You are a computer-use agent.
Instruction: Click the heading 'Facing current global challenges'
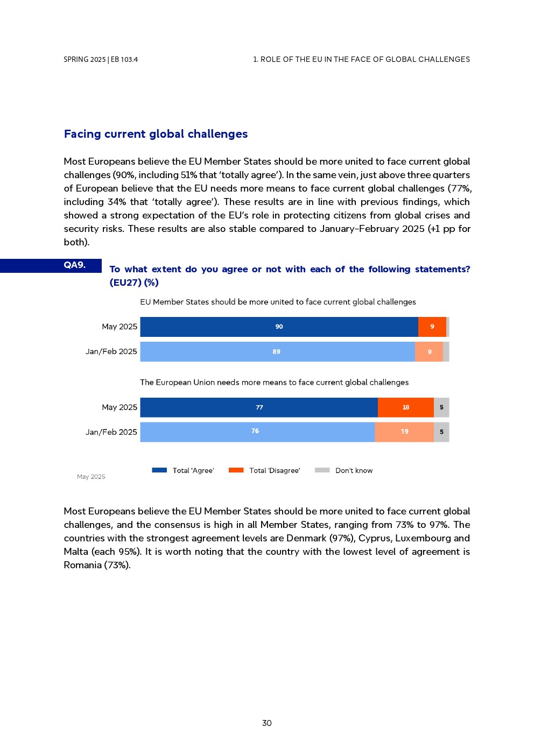pyautogui.click(x=156, y=134)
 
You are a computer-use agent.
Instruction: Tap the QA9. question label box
pyautogui.click(x=74, y=265)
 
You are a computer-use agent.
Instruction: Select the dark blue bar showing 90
pyautogui.click(x=279, y=327)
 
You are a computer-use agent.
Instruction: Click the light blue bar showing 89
pyautogui.click(x=277, y=351)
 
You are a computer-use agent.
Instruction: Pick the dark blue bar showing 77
pyautogui.click(x=259, y=407)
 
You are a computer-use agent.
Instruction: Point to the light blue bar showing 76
pyautogui.click(x=257, y=432)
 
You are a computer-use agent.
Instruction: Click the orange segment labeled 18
pyautogui.click(x=405, y=407)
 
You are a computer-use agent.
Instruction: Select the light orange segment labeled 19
pyautogui.click(x=404, y=432)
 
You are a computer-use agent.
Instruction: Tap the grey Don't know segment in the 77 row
pyautogui.click(x=441, y=407)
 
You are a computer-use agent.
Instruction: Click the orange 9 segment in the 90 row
pyautogui.click(x=432, y=327)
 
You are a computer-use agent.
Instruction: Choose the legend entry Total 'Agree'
pyautogui.click(x=183, y=470)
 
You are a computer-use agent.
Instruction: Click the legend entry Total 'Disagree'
pyautogui.click(x=264, y=470)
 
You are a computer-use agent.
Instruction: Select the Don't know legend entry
pyautogui.click(x=344, y=470)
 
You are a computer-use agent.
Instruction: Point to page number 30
pyautogui.click(x=267, y=723)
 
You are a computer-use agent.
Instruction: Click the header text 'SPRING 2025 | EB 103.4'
pyautogui.click(x=101, y=60)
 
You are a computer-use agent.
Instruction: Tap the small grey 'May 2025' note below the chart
pyautogui.click(x=91, y=477)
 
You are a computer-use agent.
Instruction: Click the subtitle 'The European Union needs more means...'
pyautogui.click(x=274, y=382)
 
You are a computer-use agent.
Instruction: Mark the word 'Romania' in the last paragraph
pyautogui.click(x=81, y=565)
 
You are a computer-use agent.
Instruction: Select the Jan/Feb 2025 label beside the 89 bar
pyautogui.click(x=111, y=351)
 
